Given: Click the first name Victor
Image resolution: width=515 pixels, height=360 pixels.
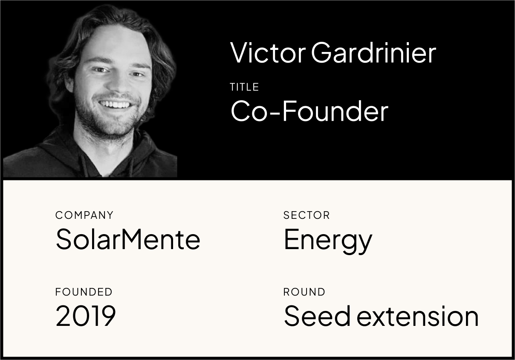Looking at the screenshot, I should click(x=268, y=53).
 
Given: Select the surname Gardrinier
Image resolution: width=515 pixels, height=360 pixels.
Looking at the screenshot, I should click(x=373, y=53).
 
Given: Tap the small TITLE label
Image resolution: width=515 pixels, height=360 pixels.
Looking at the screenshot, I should click(x=244, y=87).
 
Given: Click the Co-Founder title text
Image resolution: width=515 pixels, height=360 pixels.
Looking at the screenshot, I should click(x=309, y=111).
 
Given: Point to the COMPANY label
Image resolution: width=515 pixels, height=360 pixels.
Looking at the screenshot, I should click(x=84, y=215).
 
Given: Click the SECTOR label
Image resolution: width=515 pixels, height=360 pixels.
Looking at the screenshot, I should click(x=307, y=215).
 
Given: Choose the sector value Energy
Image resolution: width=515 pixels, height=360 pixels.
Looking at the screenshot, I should click(x=328, y=240).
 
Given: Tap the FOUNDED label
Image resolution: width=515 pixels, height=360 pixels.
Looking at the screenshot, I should click(x=84, y=292).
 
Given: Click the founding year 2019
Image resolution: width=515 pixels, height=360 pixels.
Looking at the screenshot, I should click(x=86, y=316).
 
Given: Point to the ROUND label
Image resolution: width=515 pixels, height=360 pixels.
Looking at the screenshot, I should click(x=304, y=292).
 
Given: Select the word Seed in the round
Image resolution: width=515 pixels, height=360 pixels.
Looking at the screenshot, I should click(x=317, y=316).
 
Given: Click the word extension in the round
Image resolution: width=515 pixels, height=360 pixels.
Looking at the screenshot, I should click(x=417, y=316).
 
